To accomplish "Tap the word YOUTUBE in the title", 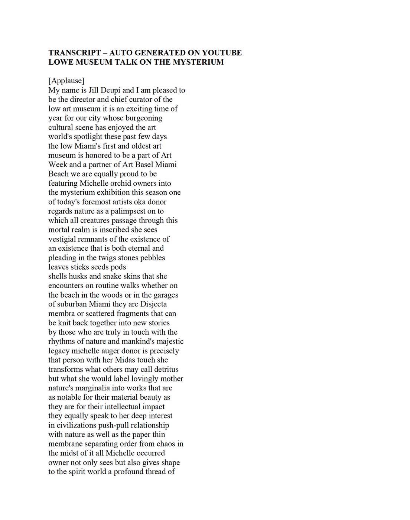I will coord(222,53).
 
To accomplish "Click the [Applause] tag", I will coord(66,81).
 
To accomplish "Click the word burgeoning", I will coord(143,118).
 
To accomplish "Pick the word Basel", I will coord(143,165).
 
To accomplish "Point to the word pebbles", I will coord(152,258).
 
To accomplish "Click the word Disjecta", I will coord(153,304).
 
